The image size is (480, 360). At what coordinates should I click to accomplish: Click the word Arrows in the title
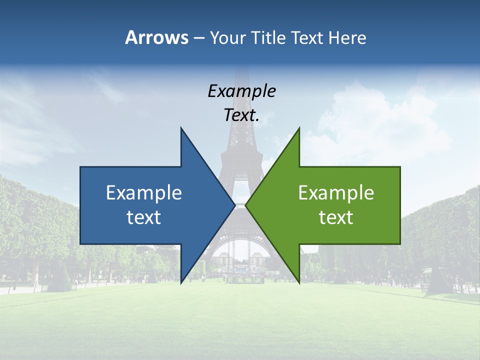pyautogui.click(x=156, y=37)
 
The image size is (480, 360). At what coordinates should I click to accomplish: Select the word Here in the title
pyautogui.click(x=347, y=37)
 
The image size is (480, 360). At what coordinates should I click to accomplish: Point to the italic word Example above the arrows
pyautogui.click(x=241, y=91)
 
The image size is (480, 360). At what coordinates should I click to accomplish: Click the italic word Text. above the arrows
pyautogui.click(x=241, y=115)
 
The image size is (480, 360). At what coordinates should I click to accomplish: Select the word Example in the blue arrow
pyautogui.click(x=144, y=193)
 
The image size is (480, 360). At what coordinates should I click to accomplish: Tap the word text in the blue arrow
pyautogui.click(x=144, y=217)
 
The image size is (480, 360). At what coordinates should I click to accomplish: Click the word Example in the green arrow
pyautogui.click(x=336, y=193)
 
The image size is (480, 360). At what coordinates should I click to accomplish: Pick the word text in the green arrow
pyautogui.click(x=336, y=217)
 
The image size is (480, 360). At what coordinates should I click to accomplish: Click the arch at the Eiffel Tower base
pyautogui.click(x=240, y=250)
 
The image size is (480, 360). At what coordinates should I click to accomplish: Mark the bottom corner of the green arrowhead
pyautogui.click(x=299, y=282)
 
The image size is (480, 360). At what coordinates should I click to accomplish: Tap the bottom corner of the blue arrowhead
pyautogui.click(x=181, y=282)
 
